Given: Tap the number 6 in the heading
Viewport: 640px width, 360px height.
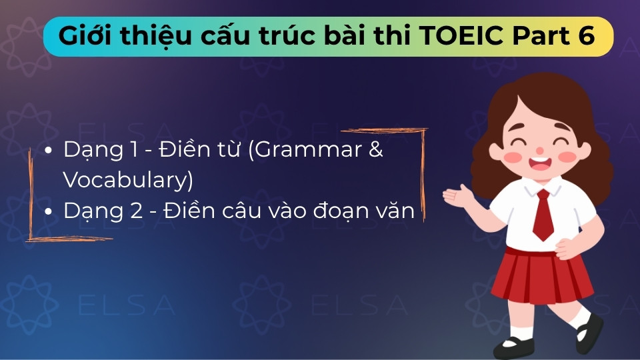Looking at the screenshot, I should (x=586, y=37).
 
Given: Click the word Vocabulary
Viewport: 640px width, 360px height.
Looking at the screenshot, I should (x=124, y=180).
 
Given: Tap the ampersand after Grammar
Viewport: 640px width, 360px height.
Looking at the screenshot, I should (x=376, y=150).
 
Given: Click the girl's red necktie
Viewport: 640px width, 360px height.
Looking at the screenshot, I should (x=543, y=213).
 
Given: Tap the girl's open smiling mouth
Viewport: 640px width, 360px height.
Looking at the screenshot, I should (x=537, y=162).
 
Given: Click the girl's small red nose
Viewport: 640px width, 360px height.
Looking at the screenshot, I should (x=538, y=146).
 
